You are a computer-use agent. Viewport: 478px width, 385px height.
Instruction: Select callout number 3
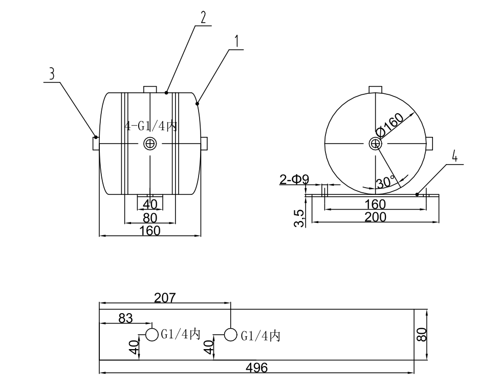click(x=51, y=74)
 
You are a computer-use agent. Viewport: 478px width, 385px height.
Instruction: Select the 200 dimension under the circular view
click(x=375, y=217)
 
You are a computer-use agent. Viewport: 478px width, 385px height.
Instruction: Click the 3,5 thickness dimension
click(x=300, y=217)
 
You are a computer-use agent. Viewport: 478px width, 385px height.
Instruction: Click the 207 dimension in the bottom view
click(x=165, y=297)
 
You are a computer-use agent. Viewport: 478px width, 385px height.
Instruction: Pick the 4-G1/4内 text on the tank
click(x=151, y=126)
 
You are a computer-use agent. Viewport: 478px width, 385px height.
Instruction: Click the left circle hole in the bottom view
click(x=152, y=335)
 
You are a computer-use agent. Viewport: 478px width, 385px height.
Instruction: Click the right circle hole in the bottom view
click(x=231, y=335)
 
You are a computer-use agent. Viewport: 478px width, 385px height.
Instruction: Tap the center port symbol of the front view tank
click(x=150, y=144)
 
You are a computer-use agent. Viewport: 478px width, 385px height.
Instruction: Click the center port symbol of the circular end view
click(x=376, y=144)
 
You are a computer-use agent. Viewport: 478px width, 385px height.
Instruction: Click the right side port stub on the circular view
click(x=430, y=144)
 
